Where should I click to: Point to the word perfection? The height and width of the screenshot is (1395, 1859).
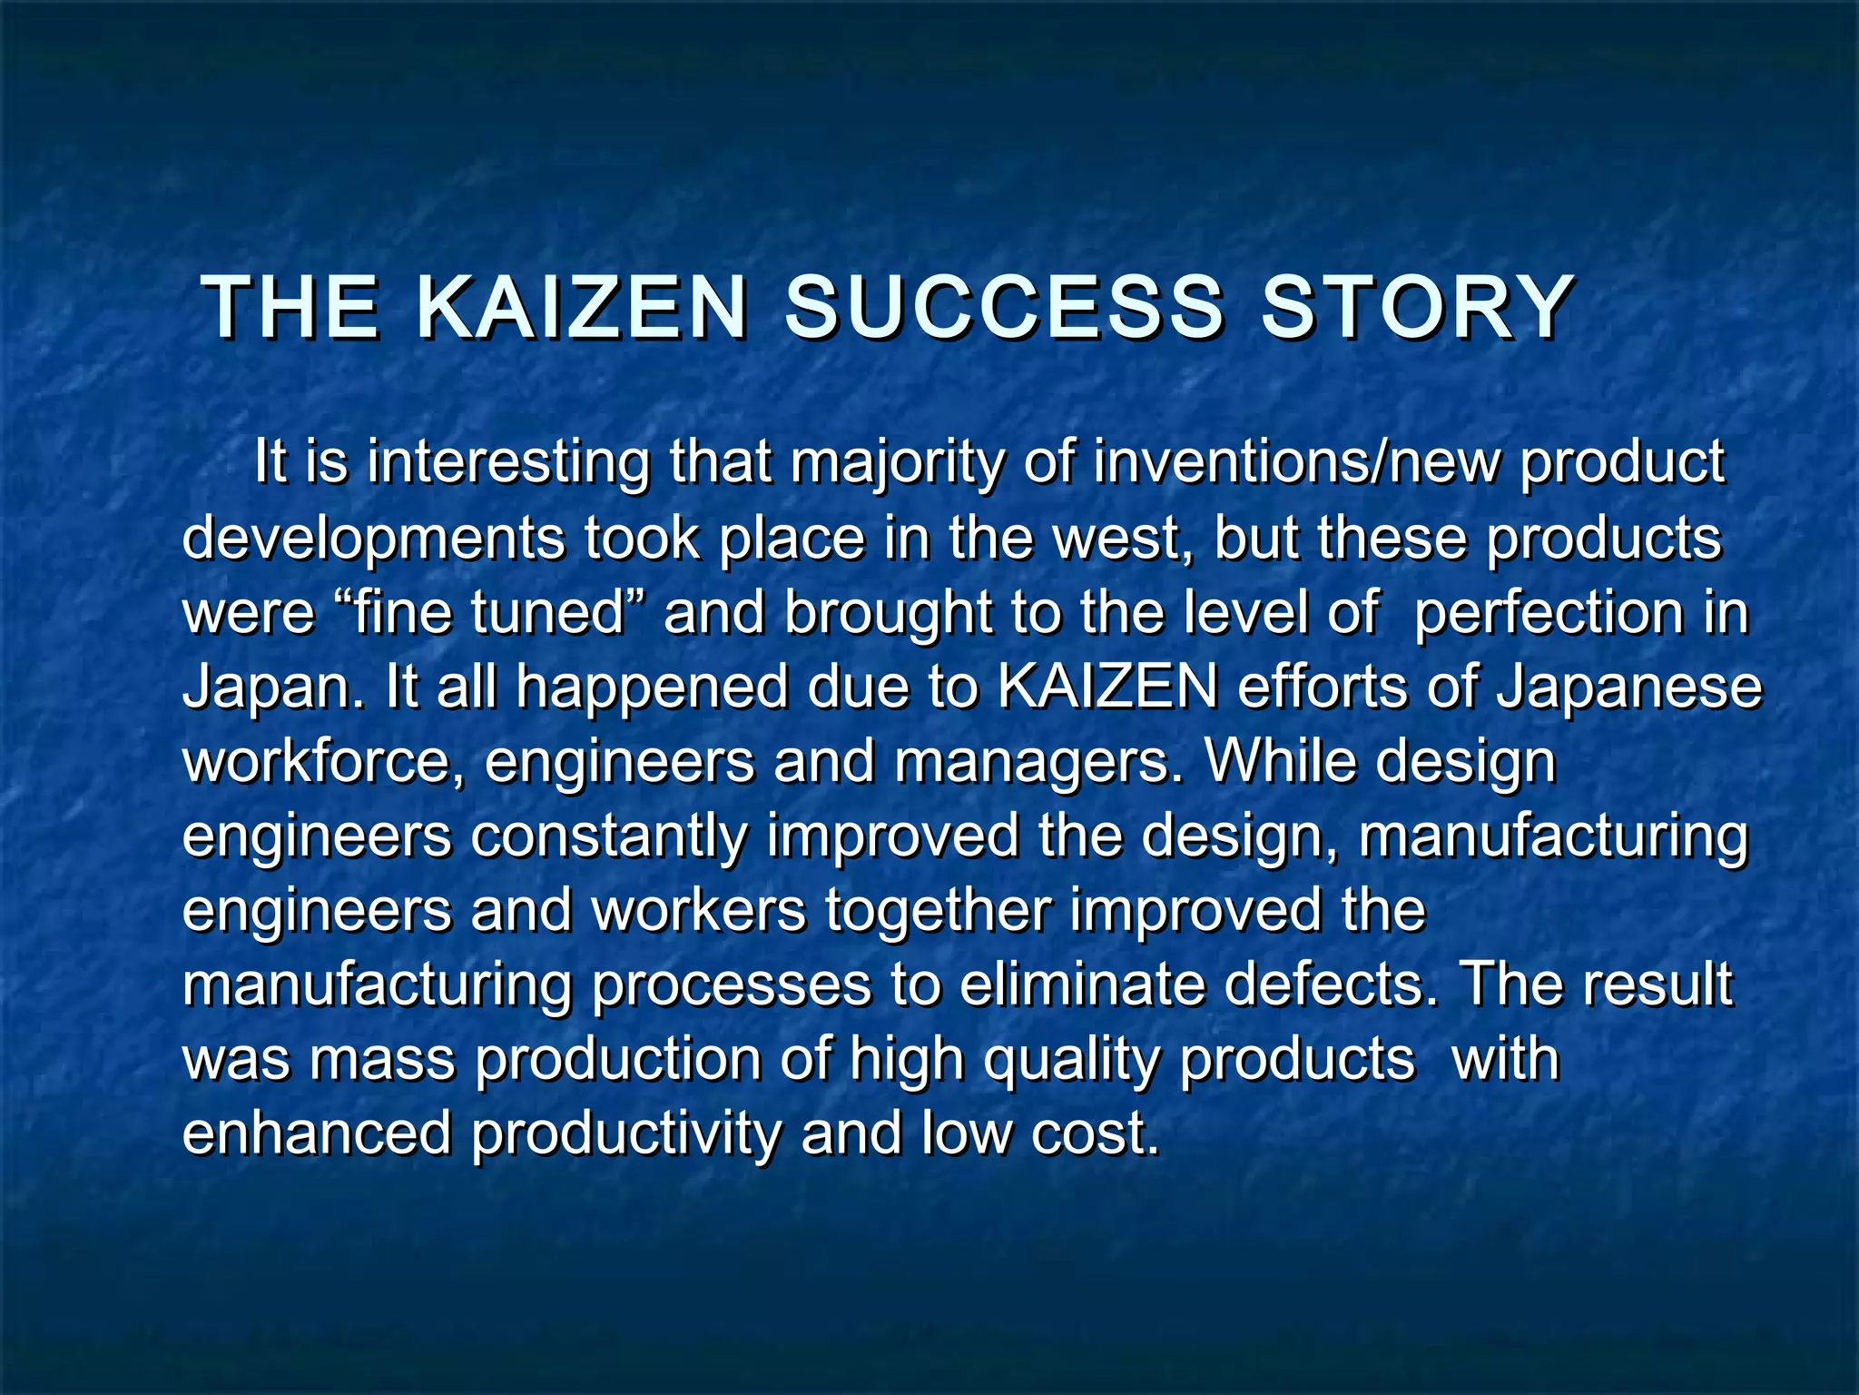pos(1549,614)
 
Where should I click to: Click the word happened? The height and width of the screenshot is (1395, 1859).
pos(652,688)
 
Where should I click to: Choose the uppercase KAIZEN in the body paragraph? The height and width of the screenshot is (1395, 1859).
pos(1107,687)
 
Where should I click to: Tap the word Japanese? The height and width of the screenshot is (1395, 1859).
pos(1629,688)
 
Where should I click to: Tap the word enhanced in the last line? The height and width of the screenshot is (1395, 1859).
pos(317,1133)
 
